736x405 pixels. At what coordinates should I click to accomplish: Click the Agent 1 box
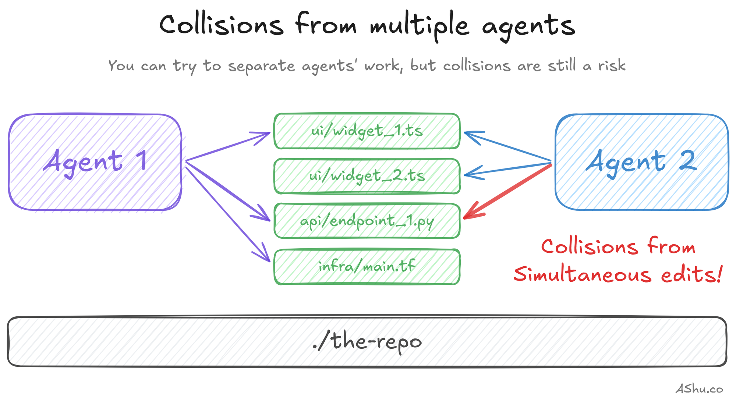[x=95, y=162]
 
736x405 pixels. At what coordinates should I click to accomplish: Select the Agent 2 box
[x=641, y=162]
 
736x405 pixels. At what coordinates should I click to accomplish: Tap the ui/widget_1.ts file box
[x=367, y=131]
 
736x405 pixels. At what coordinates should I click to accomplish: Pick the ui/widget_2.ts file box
[x=367, y=176]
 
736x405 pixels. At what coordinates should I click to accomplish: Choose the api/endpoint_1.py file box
[x=367, y=221]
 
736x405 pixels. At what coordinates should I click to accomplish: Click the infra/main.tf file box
[x=367, y=266]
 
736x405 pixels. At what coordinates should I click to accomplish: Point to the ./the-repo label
[x=367, y=341]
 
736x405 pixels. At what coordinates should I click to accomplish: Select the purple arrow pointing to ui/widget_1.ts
[x=228, y=146]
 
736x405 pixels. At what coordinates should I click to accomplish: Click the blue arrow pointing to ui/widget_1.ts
[x=508, y=147]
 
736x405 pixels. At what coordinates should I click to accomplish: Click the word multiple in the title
[x=420, y=26]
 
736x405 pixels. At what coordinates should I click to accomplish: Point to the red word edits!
[x=692, y=275]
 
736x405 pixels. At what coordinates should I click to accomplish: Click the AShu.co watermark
[x=699, y=389]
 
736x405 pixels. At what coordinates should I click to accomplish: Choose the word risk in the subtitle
[x=612, y=65]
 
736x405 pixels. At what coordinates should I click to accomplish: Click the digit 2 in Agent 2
[x=687, y=160]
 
